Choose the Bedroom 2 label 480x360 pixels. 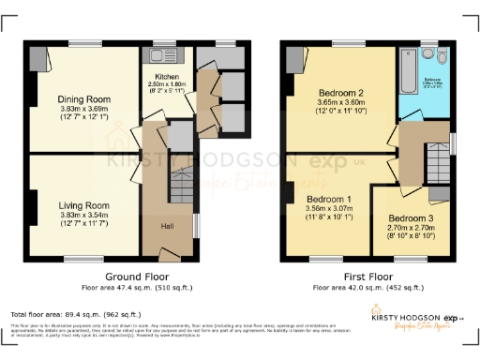[341, 94]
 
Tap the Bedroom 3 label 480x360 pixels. [406, 217]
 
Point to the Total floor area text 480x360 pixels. [76, 315]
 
